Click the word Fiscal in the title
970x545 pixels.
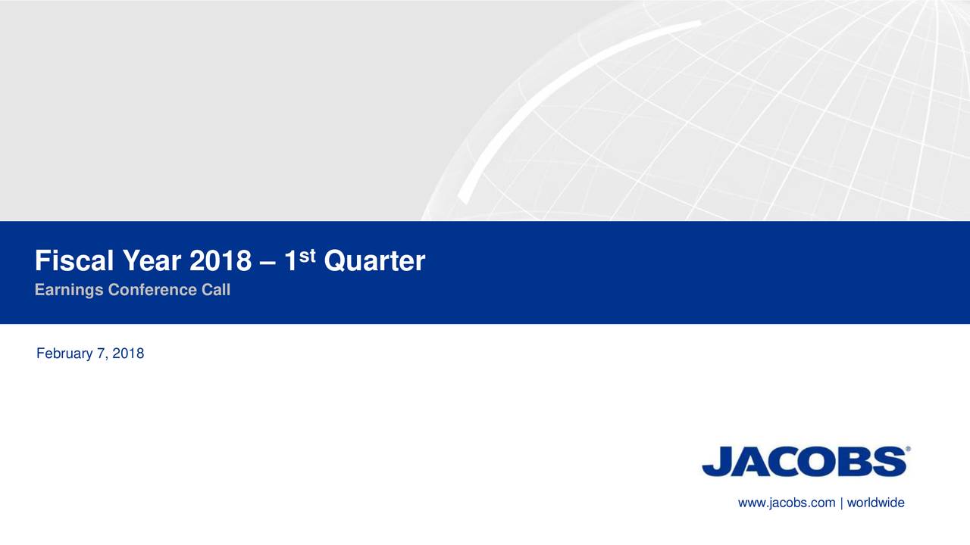coord(72,262)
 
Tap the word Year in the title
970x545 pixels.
coord(149,262)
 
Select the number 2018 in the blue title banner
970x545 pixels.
coord(220,262)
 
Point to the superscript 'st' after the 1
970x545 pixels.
coord(306,256)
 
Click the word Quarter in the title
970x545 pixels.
coord(374,262)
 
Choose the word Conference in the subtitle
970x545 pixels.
coord(154,290)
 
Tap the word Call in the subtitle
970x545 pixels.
coord(216,290)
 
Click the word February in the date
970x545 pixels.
coord(64,353)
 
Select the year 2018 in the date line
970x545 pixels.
coord(128,353)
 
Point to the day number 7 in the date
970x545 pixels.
coord(101,353)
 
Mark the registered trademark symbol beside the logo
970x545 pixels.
coord(908,449)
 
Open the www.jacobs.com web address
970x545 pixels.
coord(787,503)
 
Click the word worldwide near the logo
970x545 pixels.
coord(875,503)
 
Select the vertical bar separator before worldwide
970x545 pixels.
coord(841,503)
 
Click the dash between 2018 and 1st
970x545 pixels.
coord(268,263)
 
